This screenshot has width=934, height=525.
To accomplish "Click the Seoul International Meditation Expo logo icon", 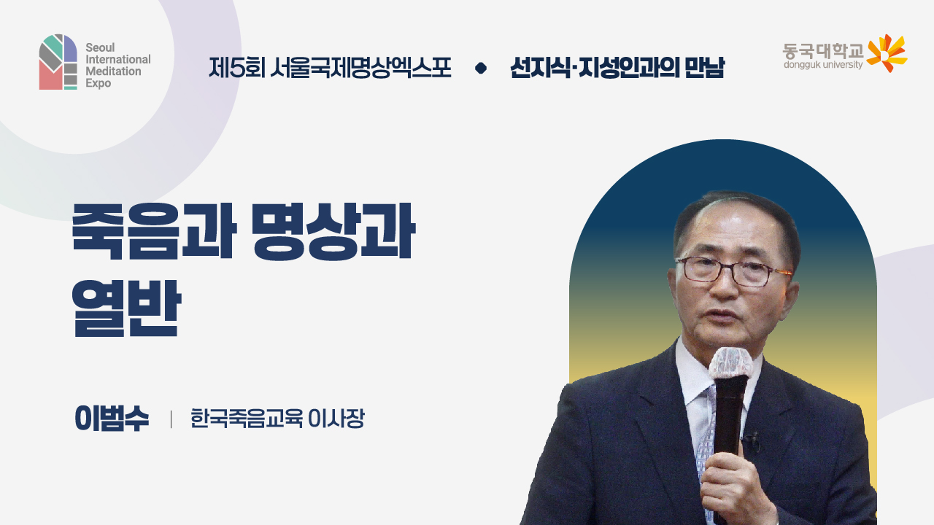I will (x=58, y=62).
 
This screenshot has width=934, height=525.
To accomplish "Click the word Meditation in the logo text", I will (x=112, y=71).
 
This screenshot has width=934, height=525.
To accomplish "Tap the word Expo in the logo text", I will (x=98, y=84).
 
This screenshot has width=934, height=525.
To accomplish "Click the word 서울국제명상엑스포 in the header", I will (x=360, y=68).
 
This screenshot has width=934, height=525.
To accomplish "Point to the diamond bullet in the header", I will (x=480, y=69).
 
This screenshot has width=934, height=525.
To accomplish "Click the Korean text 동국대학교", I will (x=822, y=50).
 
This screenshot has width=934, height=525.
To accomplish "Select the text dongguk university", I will (x=822, y=65).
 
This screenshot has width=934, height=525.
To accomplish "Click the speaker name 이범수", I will (x=112, y=419).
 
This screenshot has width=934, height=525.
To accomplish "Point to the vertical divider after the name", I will (x=171, y=419).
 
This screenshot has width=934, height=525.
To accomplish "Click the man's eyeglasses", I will (x=730, y=271).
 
